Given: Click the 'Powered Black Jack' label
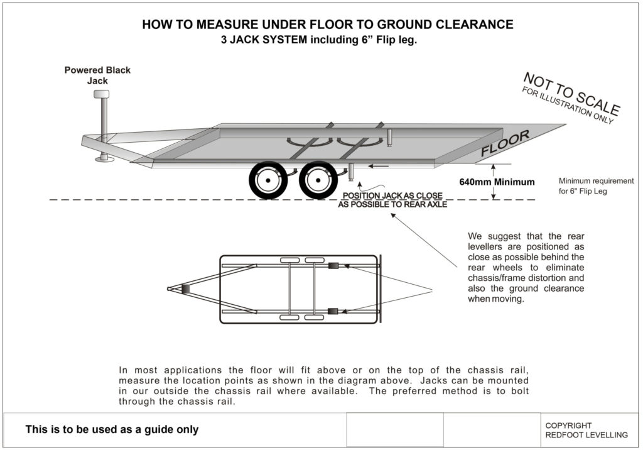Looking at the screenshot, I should (97, 75).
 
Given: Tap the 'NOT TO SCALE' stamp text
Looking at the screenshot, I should (571, 94).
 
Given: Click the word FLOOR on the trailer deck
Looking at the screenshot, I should (505, 143).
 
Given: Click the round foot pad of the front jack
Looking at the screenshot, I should (104, 159).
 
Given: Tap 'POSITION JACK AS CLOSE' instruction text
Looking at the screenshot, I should (392, 195).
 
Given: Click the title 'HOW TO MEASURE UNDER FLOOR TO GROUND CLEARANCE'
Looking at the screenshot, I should (327, 25).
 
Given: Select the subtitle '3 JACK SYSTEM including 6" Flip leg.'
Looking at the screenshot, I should (319, 40).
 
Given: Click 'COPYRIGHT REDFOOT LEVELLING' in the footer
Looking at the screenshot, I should (586, 430).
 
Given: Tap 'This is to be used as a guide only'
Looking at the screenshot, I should (112, 430).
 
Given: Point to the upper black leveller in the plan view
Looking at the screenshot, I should (334, 266).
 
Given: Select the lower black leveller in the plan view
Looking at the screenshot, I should (334, 310).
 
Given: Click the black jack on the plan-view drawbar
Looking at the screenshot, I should (185, 288).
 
